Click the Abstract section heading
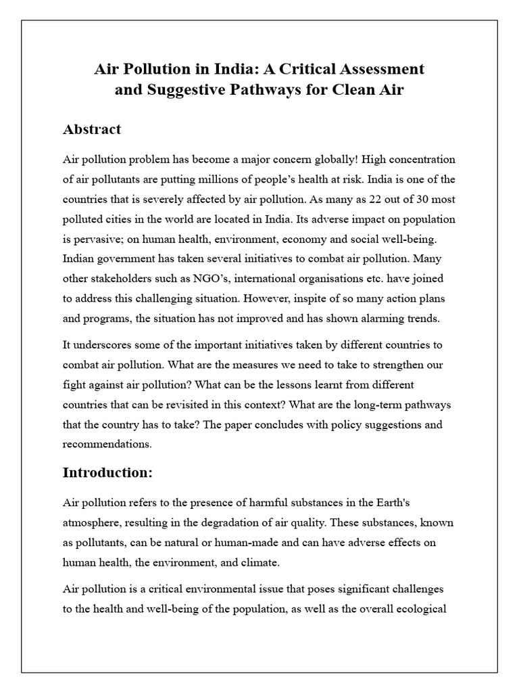point(92,129)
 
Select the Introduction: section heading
point(107,473)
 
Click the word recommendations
point(106,445)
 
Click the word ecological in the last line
point(420,608)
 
